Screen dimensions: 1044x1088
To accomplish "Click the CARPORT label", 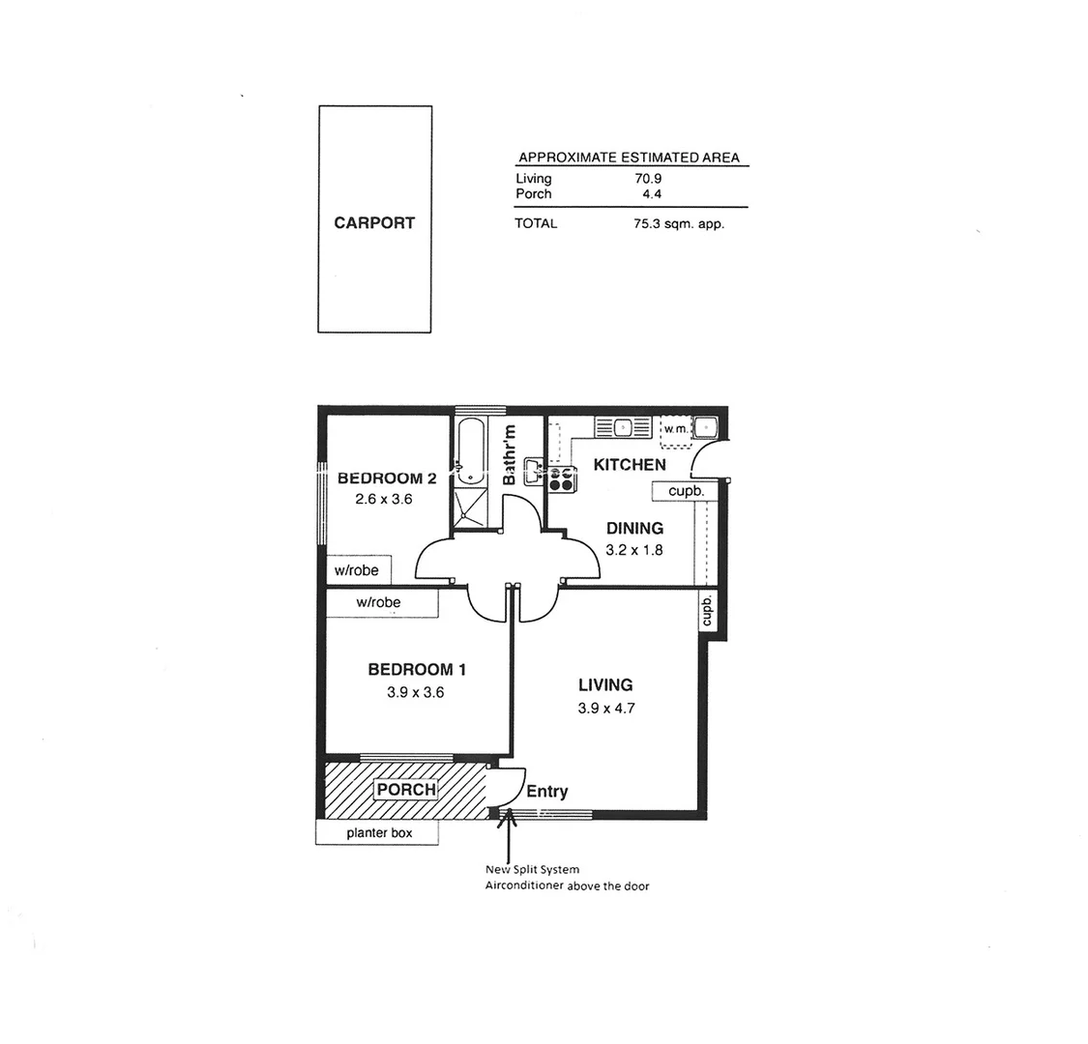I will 374,222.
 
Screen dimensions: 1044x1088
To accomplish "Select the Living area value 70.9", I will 647,179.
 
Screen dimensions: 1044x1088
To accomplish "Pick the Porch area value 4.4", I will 650,193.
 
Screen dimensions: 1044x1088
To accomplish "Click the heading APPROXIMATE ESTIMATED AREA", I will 629,158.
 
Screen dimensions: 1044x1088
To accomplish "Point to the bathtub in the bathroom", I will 471,450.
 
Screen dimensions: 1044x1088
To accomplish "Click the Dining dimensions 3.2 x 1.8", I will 634,550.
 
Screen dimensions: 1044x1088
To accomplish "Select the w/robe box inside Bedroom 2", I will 357,570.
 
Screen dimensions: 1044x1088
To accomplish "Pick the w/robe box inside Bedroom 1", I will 379,602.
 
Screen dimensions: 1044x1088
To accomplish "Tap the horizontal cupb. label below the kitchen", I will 686,491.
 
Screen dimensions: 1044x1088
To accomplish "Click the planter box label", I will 378,832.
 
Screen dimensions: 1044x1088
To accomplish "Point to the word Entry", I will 546,792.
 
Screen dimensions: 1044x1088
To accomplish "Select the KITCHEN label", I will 630,465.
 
